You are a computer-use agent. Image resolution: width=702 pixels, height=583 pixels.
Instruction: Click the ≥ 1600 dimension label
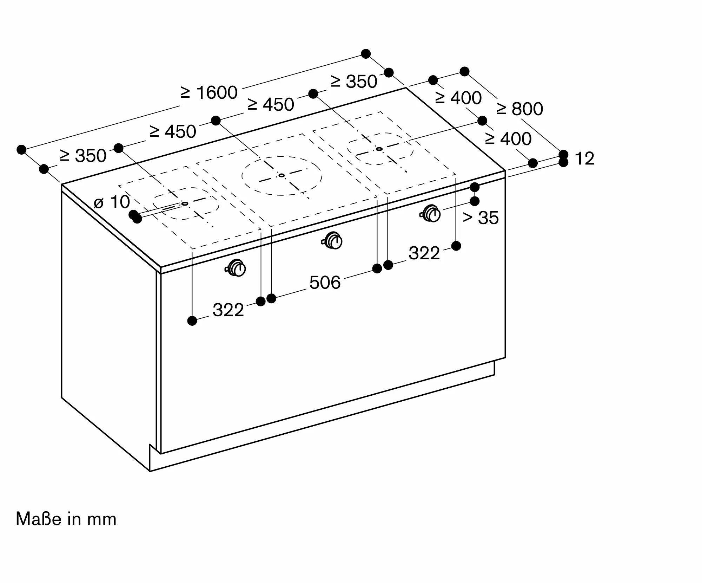209,93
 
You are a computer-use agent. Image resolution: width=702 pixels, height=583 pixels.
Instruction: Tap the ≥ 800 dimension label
520,109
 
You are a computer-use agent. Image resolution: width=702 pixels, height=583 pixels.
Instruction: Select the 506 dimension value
325,283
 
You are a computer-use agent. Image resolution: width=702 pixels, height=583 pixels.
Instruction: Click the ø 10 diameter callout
112,202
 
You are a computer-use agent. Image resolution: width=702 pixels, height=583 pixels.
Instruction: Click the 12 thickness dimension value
584,158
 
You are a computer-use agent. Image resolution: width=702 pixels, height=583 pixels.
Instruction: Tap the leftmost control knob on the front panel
236,268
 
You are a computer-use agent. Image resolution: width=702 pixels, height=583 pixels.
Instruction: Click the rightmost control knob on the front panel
430,213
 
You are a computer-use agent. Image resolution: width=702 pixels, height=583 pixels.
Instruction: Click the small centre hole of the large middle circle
282,175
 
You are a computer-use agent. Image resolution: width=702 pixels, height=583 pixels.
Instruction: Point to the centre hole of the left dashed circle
185,204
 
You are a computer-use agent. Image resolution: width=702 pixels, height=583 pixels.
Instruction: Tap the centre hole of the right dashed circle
379,149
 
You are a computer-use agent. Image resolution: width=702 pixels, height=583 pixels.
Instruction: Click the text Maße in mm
66,519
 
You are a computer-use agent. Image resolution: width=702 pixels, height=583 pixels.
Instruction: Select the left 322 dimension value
228,310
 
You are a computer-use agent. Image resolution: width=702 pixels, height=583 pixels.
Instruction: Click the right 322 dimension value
424,253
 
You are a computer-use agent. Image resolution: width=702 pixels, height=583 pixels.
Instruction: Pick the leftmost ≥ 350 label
83,156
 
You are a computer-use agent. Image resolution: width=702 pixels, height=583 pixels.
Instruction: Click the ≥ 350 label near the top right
354,82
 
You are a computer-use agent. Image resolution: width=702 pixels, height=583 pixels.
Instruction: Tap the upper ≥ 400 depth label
458,98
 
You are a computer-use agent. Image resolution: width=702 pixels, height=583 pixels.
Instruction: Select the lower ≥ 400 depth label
508,139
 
